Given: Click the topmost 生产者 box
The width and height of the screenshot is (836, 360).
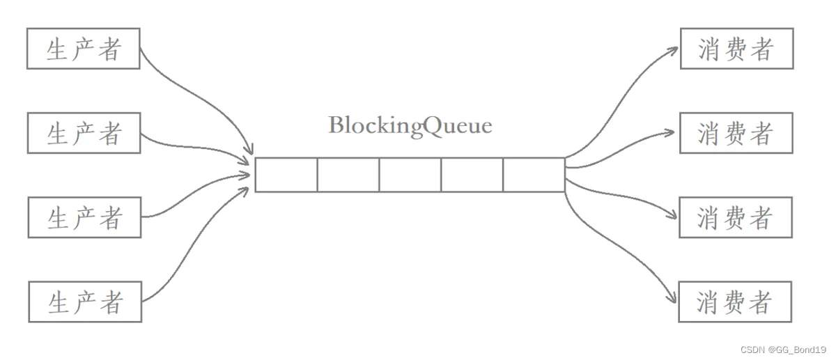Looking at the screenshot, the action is pyautogui.click(x=84, y=49).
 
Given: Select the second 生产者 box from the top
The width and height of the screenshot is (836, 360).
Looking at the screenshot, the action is pyautogui.click(x=84, y=133).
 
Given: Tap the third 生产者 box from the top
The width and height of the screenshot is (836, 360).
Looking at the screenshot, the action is pyautogui.click(x=85, y=217).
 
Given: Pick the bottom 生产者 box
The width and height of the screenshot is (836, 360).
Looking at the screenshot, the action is pyautogui.click(x=86, y=302).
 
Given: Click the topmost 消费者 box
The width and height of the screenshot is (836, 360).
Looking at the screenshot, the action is pyautogui.click(x=737, y=49).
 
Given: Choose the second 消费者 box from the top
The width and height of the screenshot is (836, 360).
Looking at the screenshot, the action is pyautogui.click(x=736, y=133).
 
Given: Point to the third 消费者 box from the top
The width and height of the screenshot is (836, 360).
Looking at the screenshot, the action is pyautogui.click(x=736, y=217).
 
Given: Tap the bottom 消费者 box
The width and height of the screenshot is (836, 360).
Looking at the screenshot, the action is pyautogui.click(x=735, y=302).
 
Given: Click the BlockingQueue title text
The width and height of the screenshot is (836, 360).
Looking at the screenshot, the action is pyautogui.click(x=410, y=126).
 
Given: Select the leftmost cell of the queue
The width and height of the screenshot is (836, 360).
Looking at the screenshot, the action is pyautogui.click(x=286, y=175).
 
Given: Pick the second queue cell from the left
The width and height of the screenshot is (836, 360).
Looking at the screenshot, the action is pyautogui.click(x=348, y=175).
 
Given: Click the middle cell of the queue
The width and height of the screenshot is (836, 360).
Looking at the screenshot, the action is pyautogui.click(x=410, y=175).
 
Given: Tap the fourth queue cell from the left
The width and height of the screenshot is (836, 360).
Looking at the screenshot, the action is pyautogui.click(x=472, y=175).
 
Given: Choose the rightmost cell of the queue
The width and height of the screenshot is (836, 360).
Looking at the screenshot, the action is pyautogui.click(x=534, y=175).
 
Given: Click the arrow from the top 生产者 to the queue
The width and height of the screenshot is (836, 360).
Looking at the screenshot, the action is pyautogui.click(x=202, y=96).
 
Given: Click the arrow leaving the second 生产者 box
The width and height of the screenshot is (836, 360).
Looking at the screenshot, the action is pyautogui.click(x=194, y=148).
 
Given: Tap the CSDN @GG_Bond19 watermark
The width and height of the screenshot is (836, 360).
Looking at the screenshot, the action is pyautogui.click(x=783, y=350).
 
